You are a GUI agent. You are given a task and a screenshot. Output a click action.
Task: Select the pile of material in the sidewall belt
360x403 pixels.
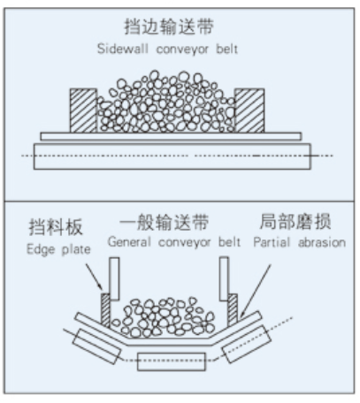pyautogui.click(x=167, y=104)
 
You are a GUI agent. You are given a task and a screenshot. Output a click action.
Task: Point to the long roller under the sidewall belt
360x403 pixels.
pyautogui.click(x=172, y=157)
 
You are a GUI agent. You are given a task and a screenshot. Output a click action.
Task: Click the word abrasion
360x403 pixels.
pyautogui.click(x=318, y=241)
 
